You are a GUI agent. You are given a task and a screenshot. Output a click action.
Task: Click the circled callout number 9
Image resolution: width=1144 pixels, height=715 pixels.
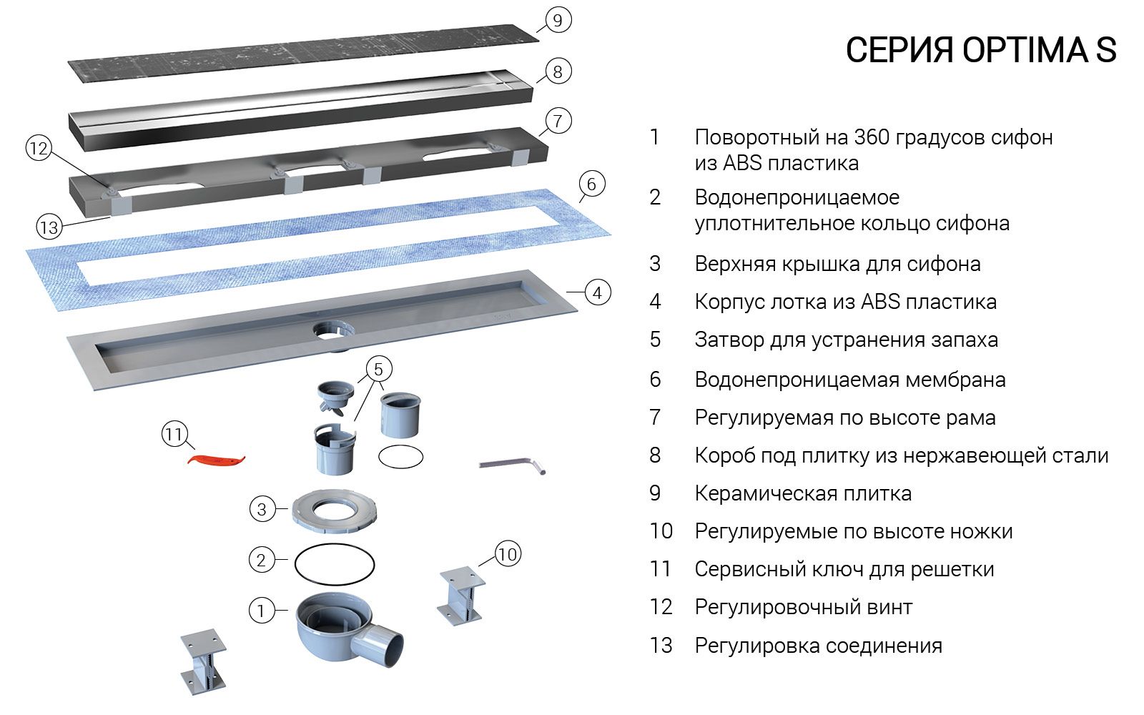coord(557,20)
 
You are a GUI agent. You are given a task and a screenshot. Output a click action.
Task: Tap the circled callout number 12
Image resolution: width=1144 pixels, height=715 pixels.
coord(39,149)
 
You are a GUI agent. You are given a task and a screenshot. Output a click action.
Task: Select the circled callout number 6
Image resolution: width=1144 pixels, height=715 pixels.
coord(591,184)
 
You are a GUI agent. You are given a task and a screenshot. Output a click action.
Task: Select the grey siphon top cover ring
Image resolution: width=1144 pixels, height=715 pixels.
coord(333,511)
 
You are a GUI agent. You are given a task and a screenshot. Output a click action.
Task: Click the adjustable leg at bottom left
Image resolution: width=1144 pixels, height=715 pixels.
coord(204,661)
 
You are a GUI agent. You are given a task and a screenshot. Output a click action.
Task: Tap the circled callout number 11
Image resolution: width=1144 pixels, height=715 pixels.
coord(174,434)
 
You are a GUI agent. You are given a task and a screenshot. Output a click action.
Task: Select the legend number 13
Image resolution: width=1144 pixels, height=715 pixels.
coord(661,646)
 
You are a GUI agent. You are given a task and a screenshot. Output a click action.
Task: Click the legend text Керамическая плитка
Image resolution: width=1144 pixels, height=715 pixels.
coord(802,493)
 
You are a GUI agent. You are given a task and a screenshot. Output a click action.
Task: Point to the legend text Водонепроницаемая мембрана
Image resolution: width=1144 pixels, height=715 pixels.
coord(849,380)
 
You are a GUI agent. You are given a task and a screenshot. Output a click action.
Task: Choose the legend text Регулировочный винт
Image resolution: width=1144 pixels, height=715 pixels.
coord(803,608)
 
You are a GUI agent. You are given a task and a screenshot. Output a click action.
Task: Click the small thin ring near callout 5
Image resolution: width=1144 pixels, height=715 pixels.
coord(400,456)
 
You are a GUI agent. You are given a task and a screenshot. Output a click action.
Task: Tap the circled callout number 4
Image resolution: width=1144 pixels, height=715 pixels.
coord(597,292)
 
